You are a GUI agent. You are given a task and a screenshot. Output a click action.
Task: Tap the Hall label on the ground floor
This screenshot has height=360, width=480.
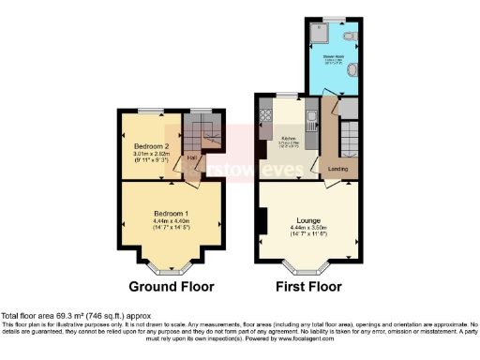[190, 157]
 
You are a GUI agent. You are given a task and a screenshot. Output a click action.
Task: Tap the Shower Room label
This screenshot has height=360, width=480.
[333, 55]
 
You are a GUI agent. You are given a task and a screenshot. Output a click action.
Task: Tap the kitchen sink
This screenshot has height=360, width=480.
[310, 118]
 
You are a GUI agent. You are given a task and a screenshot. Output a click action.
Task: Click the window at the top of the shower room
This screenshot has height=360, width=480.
[334, 17]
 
